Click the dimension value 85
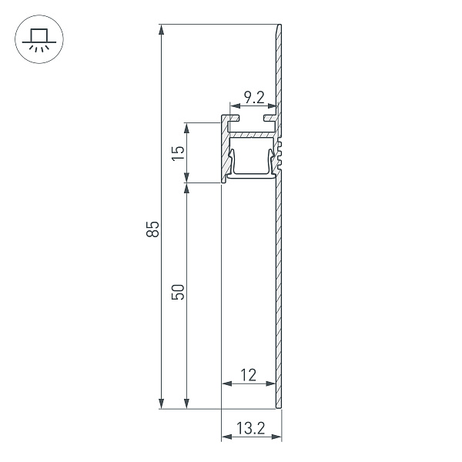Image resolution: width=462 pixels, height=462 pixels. (x=154, y=229)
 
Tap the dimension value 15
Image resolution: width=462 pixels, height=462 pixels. (x=178, y=152)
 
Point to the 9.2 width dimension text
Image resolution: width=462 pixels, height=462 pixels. (x=255, y=97)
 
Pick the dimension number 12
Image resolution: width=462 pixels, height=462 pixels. (x=248, y=375)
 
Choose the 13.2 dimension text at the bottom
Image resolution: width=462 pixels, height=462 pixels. (x=251, y=428)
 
